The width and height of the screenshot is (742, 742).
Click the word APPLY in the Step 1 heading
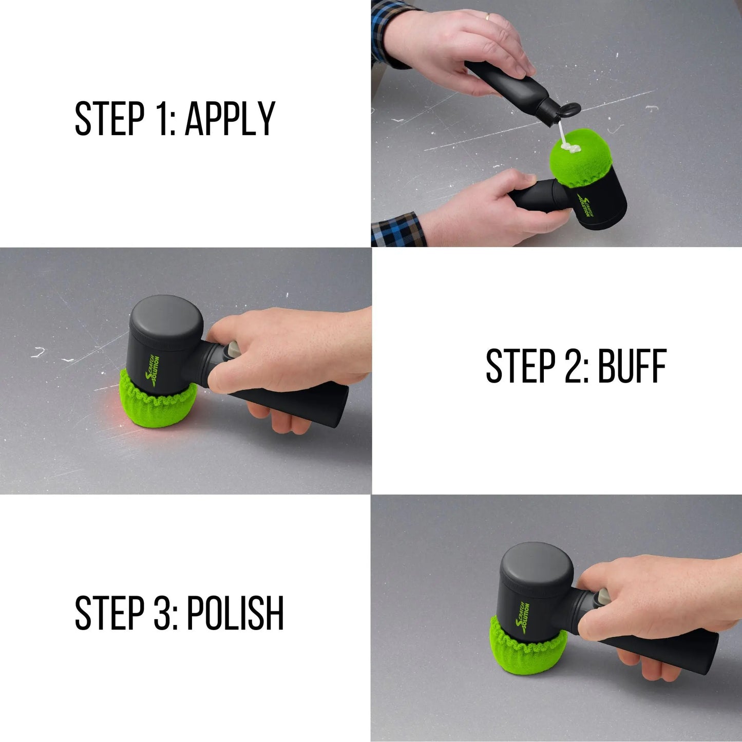coord(230,118)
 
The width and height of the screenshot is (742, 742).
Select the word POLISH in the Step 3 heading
coord(235,613)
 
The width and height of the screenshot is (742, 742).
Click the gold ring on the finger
coord(488,16)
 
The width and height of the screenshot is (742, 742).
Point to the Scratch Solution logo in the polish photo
coord(523,619)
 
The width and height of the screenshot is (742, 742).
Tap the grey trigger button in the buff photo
coord(233,349)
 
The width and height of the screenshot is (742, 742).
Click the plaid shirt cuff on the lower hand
coord(398,230)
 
